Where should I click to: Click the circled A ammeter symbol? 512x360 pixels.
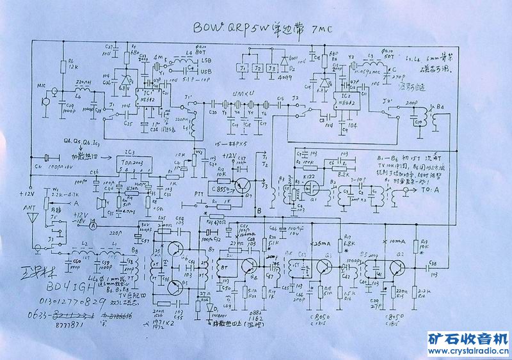(x=93, y=226)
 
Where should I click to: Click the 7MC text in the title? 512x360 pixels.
(x=323, y=29)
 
